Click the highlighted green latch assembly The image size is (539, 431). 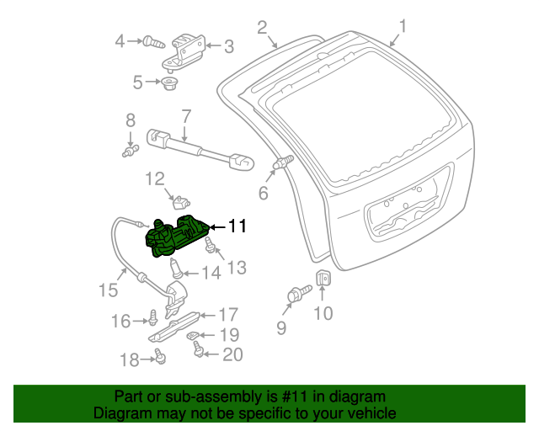[177, 236]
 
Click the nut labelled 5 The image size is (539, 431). [168, 82]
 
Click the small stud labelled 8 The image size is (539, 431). [130, 152]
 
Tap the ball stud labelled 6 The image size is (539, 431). [283, 162]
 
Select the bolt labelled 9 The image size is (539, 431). [297, 295]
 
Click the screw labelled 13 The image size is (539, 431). [211, 248]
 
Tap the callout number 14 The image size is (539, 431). [211, 273]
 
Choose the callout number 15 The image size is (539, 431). [107, 291]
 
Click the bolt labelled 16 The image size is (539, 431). [154, 318]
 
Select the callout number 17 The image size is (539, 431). [228, 315]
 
